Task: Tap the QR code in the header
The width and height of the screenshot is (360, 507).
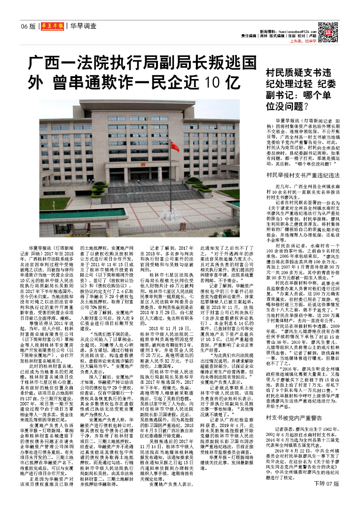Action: (x=325, y=30)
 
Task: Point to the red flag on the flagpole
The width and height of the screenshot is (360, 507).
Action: (x=175, y=147)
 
